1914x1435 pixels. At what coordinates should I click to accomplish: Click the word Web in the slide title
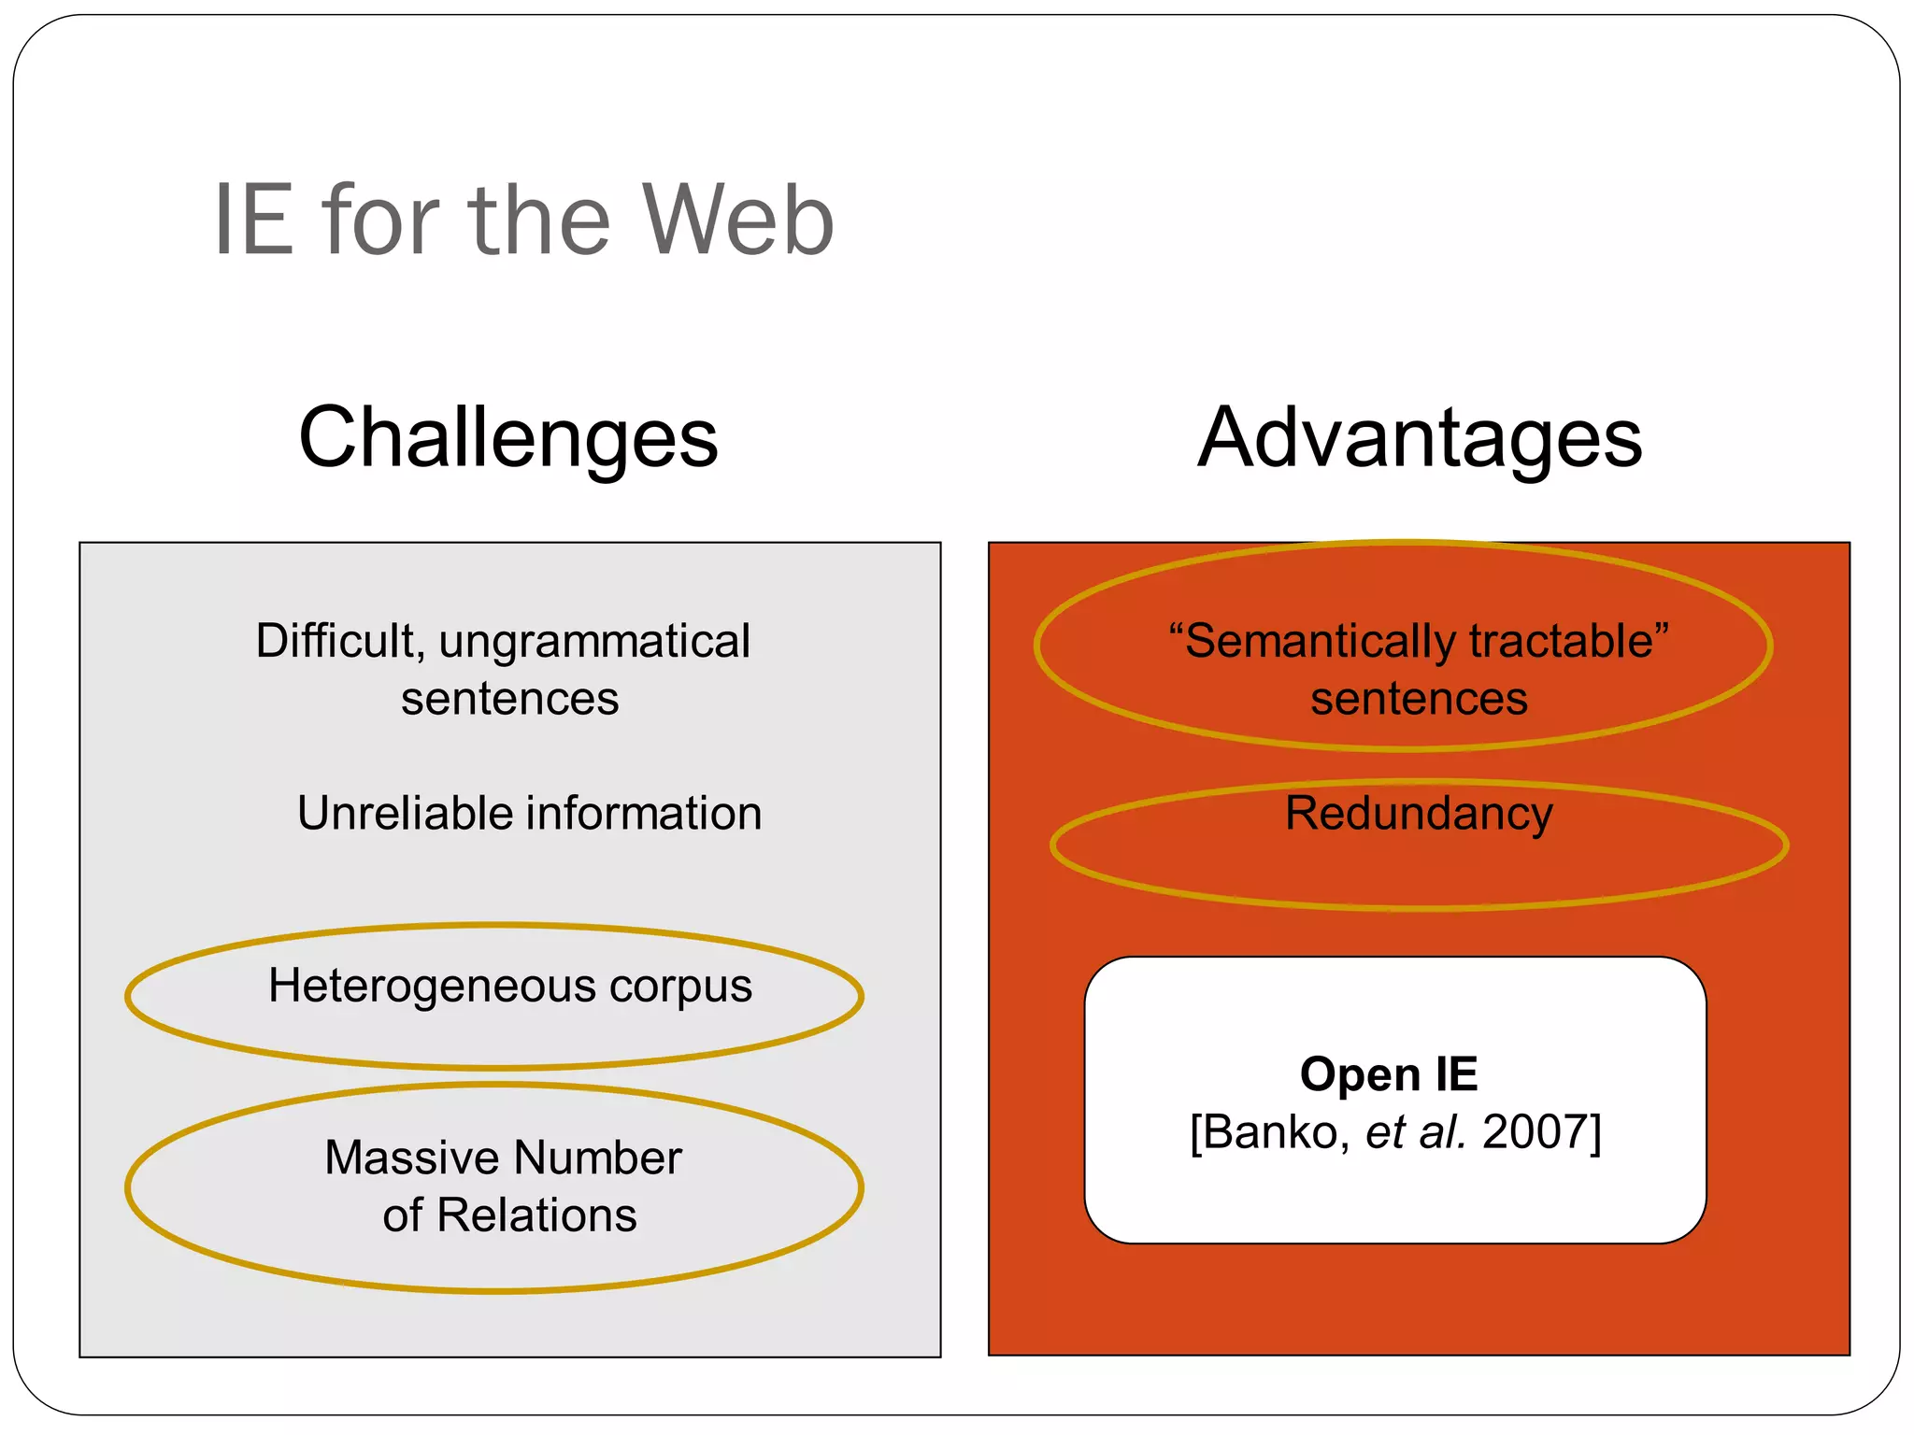pos(737,220)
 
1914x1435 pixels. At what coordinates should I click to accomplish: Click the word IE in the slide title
pos(252,220)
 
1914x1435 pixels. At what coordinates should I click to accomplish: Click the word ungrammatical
pos(594,642)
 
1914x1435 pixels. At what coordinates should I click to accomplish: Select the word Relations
pos(536,1215)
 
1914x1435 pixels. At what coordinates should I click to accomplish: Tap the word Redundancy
pos(1419,814)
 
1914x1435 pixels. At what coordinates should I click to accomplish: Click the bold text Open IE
pos(1389,1074)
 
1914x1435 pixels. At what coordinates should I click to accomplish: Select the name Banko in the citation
pos(1276,1132)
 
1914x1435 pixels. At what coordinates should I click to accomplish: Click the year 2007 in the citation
pos(1535,1132)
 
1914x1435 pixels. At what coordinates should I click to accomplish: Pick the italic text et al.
pos(1415,1132)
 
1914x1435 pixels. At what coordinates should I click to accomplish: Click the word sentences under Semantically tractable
pos(1419,699)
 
